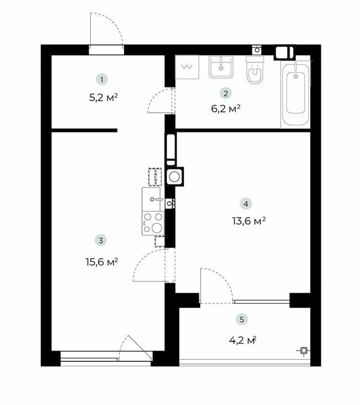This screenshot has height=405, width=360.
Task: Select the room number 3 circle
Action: pos(100,240)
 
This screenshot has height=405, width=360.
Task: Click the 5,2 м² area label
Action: pos(104,98)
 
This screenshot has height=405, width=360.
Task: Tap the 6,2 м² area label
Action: pos(226,110)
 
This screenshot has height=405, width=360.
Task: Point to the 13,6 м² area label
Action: pos(248,221)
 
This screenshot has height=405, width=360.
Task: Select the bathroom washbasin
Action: pos(222,68)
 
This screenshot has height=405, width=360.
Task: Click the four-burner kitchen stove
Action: pos(153,223)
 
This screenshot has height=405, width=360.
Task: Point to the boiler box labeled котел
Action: pos(156,177)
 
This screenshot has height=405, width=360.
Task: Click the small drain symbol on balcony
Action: pos(303,350)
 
